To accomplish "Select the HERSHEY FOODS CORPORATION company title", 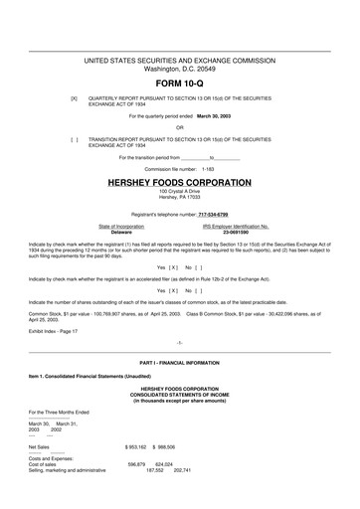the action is pos(180,183).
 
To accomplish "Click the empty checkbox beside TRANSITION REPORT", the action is pos(74,140).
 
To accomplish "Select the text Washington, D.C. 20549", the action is pos(180,69).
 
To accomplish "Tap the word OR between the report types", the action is pos(180,127).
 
